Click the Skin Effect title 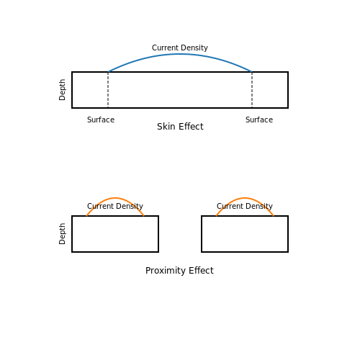pos(180,127)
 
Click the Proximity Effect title pos(179,271)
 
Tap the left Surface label pos(101,120)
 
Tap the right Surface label pos(259,120)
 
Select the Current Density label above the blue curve pos(180,48)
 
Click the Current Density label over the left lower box pos(115,206)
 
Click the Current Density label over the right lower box pos(245,206)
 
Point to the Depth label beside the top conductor pos(62,90)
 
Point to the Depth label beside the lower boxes pos(62,234)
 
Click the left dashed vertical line pos(108,90)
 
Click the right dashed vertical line pos(252,90)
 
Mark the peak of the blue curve pos(180,54)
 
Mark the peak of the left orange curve pos(115,198)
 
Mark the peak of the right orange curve pos(245,198)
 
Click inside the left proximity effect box pos(115,234)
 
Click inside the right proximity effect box pos(245,234)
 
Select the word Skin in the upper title pos(166,127)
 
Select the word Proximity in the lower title pos(166,271)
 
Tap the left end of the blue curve pos(108,72)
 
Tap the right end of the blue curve pos(252,72)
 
